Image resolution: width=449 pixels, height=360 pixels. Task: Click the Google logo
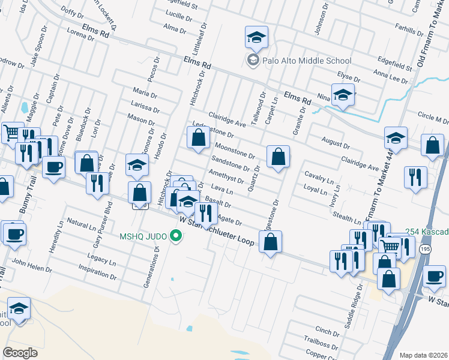tap(20, 353)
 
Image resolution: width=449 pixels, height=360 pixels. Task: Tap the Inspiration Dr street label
tap(97, 271)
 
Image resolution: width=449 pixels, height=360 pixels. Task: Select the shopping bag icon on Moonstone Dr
tap(198, 139)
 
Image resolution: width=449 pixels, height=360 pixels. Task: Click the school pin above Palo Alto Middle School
tap(256, 38)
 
